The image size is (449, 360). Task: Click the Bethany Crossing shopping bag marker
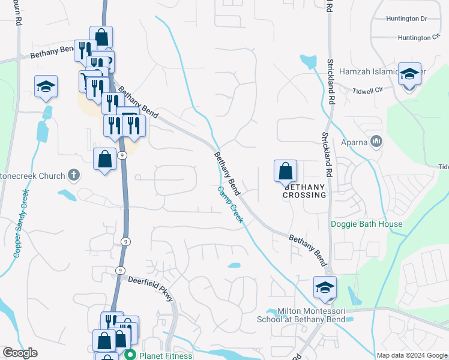pyautogui.click(x=286, y=172)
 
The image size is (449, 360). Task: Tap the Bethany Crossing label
pyautogui.click(x=304, y=191)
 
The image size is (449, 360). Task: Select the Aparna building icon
pyautogui.click(x=377, y=142)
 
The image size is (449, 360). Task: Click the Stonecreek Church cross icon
pyautogui.click(x=73, y=175)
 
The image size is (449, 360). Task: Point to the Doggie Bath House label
pyautogui.click(x=367, y=224)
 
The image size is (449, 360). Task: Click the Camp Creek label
pyautogui.click(x=230, y=205)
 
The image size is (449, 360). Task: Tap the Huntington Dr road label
pyautogui.click(x=406, y=19)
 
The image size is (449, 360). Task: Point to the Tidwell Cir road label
pyautogui.click(x=369, y=91)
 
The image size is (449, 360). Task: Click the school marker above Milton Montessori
pyautogui.click(x=325, y=288)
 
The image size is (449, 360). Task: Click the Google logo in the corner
pyautogui.click(x=20, y=353)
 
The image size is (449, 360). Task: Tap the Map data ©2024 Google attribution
pyautogui.click(x=412, y=355)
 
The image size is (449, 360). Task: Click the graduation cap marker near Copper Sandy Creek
pyautogui.click(x=46, y=88)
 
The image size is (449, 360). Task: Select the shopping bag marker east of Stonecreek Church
pyautogui.click(x=105, y=160)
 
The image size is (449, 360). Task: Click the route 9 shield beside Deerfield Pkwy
pyautogui.click(x=121, y=271)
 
